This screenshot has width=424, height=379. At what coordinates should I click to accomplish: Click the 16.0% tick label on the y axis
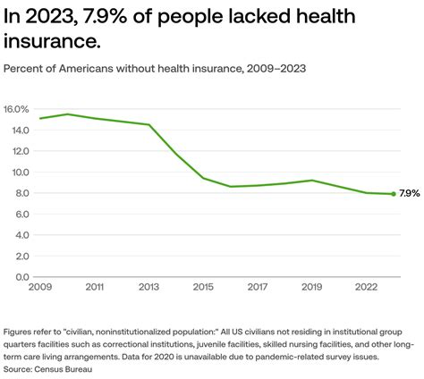[x=18, y=109]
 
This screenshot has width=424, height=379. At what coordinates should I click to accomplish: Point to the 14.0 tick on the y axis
[x=20, y=131]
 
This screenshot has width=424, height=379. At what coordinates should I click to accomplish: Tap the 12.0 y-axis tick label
[x=20, y=151]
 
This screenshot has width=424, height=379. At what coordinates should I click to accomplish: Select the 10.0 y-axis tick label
[x=20, y=173]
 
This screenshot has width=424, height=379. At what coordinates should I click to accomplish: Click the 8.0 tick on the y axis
[x=21, y=193]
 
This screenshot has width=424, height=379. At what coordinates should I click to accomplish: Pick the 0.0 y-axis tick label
[x=21, y=277]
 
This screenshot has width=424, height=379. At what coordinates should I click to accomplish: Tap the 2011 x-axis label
[x=94, y=289]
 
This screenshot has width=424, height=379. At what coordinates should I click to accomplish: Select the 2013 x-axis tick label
[x=149, y=289]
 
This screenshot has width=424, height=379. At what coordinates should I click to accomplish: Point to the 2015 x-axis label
[x=204, y=289]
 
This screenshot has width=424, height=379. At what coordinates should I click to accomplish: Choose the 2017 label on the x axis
[x=259, y=289]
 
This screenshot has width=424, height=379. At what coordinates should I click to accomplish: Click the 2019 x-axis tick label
[x=311, y=289]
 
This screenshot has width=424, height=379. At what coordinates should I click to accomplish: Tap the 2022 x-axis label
[x=367, y=289]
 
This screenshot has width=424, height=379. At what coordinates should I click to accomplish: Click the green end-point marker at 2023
[x=394, y=194]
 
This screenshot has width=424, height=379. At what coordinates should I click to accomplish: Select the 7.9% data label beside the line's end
[x=410, y=194]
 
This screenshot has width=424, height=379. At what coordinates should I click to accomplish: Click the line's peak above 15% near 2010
[x=67, y=114]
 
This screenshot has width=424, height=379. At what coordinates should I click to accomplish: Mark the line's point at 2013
[x=148, y=125]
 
